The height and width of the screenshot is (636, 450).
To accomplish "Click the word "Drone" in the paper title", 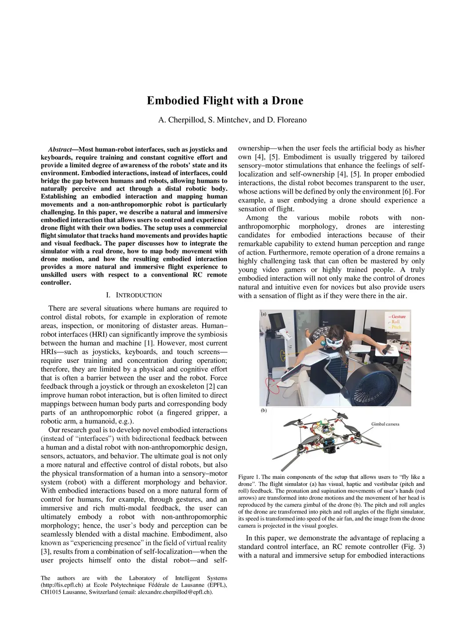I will [287, 101].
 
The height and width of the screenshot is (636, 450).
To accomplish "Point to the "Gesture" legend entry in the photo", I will [398, 316].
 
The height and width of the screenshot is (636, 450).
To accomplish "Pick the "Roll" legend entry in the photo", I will [396, 322].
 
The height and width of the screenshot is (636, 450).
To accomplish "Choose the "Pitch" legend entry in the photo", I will [396, 327].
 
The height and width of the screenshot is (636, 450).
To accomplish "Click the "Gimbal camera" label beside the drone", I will [385, 424].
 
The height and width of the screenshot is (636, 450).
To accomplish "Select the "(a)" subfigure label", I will [264, 314].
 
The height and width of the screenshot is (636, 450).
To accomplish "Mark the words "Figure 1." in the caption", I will [249, 477].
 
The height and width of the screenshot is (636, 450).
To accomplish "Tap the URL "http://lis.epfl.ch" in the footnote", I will [62, 585].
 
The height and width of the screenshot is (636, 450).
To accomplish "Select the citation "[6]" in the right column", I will [406, 192].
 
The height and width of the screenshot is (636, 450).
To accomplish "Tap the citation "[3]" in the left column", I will [46, 552].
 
